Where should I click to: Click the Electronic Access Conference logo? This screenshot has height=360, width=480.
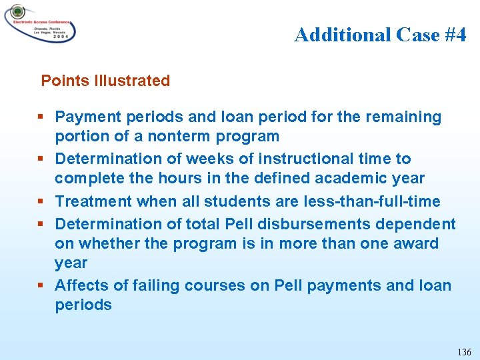[x=40, y=24]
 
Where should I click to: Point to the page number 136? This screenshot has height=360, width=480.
[x=464, y=351]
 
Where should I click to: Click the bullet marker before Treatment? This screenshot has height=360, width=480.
[x=42, y=201]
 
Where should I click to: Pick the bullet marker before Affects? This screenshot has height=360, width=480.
[x=42, y=286]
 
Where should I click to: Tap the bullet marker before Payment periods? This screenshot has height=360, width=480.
[x=42, y=117]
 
